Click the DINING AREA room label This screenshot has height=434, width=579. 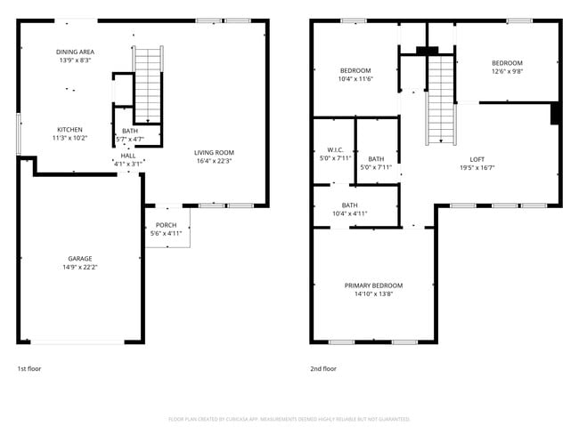(x=75, y=52)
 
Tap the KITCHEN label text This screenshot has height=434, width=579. (x=70, y=129)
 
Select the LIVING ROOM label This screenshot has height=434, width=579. (x=214, y=153)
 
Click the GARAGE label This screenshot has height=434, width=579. (x=80, y=259)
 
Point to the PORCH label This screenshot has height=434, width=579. (x=166, y=225)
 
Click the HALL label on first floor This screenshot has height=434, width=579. (x=128, y=156)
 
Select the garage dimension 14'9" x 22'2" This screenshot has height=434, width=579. (x=80, y=267)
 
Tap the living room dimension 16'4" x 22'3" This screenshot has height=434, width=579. (x=214, y=161)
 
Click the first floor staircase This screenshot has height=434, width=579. (x=148, y=84)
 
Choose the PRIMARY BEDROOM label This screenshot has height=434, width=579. (x=373, y=285)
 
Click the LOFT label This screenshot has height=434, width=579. (x=477, y=159)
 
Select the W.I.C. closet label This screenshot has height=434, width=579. (x=335, y=149)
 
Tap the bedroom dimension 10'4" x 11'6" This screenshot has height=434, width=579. (x=355, y=79)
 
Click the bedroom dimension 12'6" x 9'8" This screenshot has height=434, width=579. (x=507, y=71)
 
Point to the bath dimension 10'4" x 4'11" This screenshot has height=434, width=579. (x=349, y=213)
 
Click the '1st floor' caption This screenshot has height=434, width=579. (x=29, y=368)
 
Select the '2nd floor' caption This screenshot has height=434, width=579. (x=323, y=368)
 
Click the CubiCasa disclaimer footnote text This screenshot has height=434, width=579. (x=289, y=419)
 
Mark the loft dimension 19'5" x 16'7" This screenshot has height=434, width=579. (x=477, y=167)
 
